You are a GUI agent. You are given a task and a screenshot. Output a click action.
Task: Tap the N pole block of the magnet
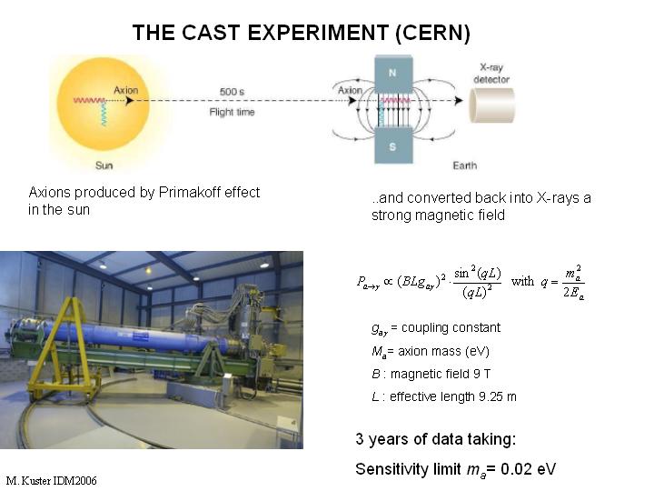[x=393, y=74]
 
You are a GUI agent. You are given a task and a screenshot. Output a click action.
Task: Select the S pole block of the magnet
[x=393, y=145]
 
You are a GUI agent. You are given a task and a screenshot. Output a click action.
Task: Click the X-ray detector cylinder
[x=492, y=105]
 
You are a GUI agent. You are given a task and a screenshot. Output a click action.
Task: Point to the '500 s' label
[x=232, y=92]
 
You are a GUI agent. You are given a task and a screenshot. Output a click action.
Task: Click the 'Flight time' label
[x=232, y=112]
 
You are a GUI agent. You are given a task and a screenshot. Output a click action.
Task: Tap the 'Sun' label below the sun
[x=104, y=165]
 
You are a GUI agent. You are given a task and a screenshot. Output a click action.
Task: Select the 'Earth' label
[x=465, y=165]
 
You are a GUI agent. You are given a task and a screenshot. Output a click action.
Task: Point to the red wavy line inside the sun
[x=89, y=100]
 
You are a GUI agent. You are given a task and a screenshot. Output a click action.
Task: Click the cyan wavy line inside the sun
[x=103, y=114]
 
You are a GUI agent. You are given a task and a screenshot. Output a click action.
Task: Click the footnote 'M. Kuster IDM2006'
[x=51, y=481]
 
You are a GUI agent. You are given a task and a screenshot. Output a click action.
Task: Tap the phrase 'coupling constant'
[x=451, y=327]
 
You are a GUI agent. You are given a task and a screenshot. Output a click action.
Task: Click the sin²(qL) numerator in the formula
[x=477, y=273]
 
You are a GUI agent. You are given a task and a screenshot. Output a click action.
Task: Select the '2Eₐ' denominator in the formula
[x=573, y=293]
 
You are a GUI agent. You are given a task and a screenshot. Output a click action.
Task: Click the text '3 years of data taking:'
[x=436, y=439]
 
